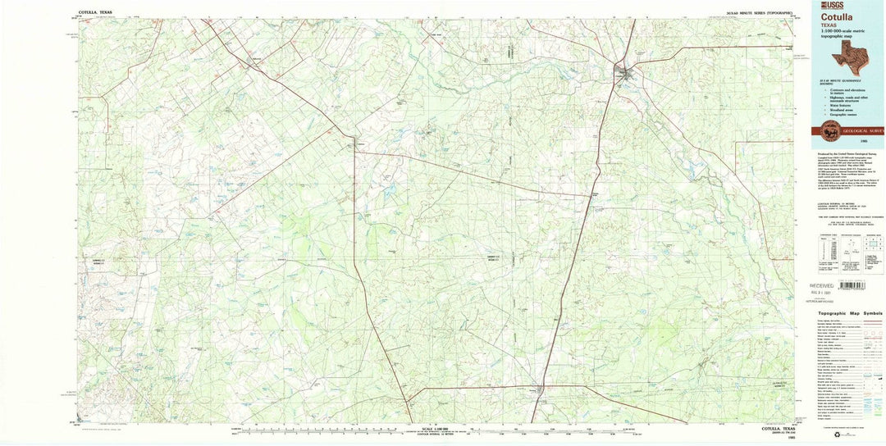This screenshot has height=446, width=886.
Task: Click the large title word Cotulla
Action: coord(835,16)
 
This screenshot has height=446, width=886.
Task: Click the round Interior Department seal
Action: coord(832,131)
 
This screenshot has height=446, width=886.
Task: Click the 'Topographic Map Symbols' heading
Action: coord(850,313)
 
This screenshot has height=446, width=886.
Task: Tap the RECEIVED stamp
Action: coord(827,285)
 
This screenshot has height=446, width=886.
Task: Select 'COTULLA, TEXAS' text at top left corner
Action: coord(96,14)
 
